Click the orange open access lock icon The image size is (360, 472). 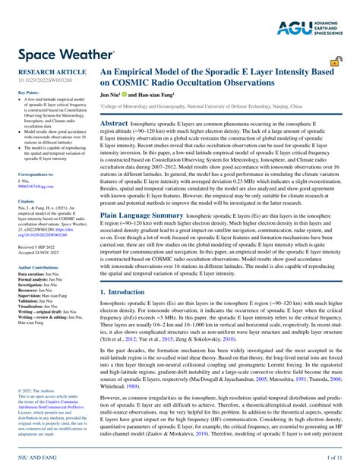335,62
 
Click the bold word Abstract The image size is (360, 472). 114,122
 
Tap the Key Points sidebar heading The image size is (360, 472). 29,93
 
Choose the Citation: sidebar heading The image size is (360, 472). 27,202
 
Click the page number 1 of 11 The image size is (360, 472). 335,460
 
